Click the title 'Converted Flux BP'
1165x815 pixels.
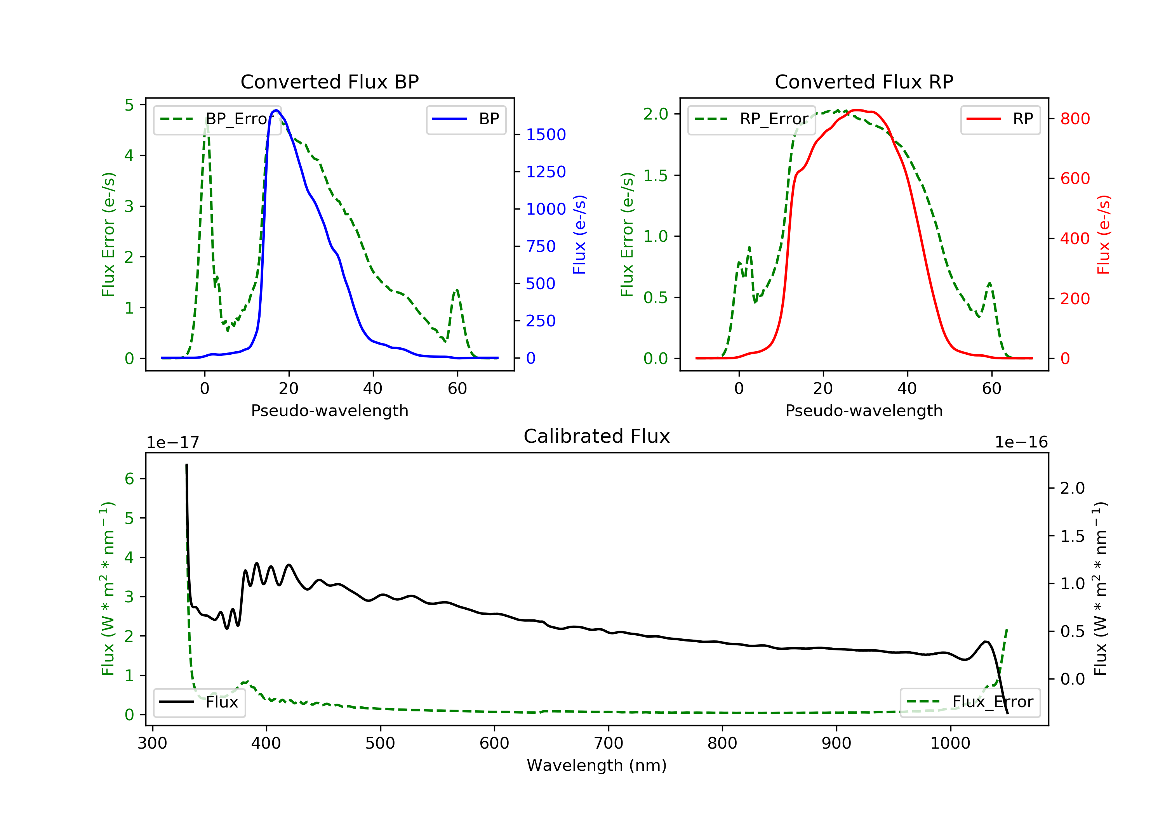(x=329, y=81)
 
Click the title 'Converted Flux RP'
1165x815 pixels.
(x=864, y=81)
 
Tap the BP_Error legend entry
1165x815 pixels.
(x=217, y=119)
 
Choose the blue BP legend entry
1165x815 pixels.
(x=466, y=119)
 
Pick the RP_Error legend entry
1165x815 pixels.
(x=751, y=119)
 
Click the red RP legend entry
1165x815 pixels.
(x=1000, y=119)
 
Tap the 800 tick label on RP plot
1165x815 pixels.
(x=1075, y=119)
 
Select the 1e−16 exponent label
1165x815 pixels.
(x=1021, y=442)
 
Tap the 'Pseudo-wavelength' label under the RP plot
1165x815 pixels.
(x=864, y=410)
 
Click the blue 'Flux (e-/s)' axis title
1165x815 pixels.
(x=579, y=234)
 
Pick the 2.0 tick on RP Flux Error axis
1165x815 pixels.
(x=656, y=114)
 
